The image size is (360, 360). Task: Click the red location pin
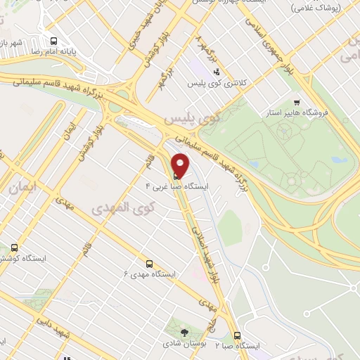(x=181, y=165)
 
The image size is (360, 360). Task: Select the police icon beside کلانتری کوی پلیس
(x=217, y=71)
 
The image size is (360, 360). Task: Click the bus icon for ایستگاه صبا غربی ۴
(x=175, y=175)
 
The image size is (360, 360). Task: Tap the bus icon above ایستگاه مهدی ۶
(x=148, y=262)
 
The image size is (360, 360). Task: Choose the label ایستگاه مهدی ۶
(x=149, y=274)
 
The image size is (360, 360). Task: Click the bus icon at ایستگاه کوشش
(x=15, y=248)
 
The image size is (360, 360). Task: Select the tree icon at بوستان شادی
(x=185, y=333)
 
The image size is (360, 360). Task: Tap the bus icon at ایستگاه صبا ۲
(x=237, y=335)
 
